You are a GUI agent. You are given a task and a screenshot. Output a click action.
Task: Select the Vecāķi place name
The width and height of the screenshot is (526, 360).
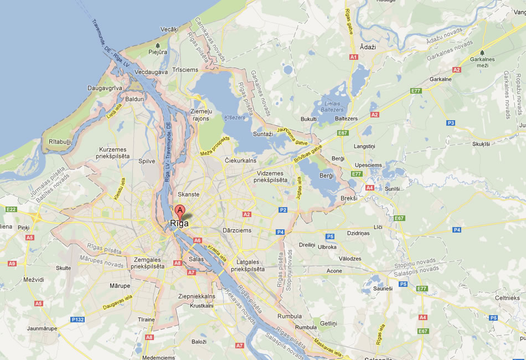169,29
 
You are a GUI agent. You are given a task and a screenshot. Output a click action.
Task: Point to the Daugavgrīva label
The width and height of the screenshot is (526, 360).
104,88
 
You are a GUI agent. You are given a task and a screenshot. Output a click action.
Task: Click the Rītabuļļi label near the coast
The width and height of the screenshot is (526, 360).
60,142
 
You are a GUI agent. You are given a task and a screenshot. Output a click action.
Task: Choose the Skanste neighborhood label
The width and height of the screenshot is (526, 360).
188,194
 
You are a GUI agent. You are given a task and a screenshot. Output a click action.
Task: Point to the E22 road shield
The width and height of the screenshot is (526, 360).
11,209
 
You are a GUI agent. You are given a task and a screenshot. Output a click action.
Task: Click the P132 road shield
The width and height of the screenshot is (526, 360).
78,319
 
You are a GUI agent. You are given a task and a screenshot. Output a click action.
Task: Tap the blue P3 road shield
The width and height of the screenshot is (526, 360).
451,123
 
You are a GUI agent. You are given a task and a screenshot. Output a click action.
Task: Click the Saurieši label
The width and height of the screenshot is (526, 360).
383,289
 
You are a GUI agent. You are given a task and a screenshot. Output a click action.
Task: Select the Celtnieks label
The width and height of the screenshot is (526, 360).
507,298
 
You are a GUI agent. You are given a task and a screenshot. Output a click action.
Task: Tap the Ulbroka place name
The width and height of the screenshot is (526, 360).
327,247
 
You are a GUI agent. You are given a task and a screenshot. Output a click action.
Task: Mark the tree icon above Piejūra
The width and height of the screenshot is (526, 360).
158,45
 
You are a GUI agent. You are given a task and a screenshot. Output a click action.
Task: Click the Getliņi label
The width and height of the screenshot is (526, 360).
328,323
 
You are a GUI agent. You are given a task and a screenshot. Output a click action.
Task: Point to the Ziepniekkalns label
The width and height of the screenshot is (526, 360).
196,296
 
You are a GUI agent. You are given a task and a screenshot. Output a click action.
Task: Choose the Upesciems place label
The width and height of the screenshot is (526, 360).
368,165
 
